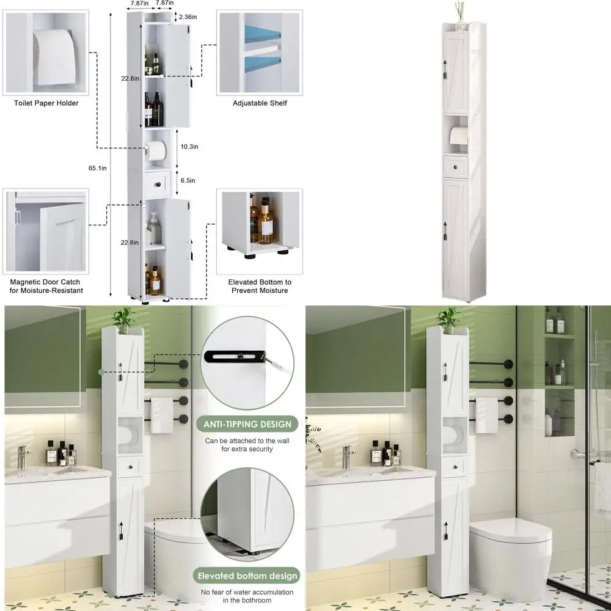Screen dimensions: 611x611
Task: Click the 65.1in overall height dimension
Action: pos(98,168)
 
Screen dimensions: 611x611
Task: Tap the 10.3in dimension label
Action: pos(189,147)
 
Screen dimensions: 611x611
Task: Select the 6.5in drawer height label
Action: pos(188,180)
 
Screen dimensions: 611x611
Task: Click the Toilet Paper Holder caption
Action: pos(46,103)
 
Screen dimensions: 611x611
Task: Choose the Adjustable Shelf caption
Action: pos(260,103)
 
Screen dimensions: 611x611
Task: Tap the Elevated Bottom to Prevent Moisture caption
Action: pos(260,286)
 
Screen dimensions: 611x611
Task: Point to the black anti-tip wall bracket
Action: pos(235,356)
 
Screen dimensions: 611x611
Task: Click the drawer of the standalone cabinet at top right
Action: pos(455,166)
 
